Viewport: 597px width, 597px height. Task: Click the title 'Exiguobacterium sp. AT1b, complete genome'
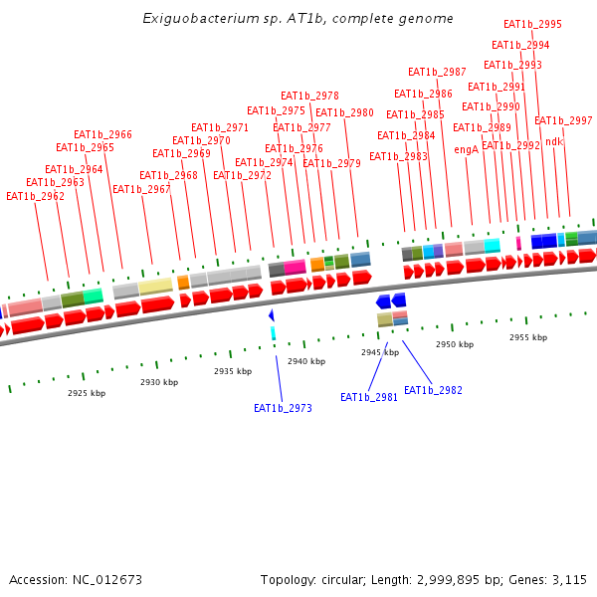(298, 18)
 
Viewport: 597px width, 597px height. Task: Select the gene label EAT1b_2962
(35, 197)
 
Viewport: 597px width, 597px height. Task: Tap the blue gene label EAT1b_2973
(283, 408)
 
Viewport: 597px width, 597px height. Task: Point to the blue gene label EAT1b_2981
(369, 397)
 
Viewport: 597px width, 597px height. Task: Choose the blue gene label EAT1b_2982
(433, 390)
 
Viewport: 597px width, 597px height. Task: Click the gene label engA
(466, 149)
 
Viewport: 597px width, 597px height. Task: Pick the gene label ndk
(554, 141)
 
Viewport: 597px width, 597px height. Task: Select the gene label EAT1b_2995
(532, 25)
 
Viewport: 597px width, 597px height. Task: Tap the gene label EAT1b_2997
(563, 121)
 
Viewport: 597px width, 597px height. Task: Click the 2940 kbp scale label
(306, 361)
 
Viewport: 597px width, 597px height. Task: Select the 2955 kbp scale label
(528, 337)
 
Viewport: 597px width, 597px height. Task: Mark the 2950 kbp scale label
(455, 344)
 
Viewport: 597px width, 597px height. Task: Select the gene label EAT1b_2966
(102, 135)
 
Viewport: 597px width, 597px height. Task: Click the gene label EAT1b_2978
(309, 97)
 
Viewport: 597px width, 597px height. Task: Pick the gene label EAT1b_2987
(437, 72)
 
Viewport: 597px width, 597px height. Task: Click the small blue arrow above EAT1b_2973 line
(271, 315)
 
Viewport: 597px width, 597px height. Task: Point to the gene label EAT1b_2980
(344, 113)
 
